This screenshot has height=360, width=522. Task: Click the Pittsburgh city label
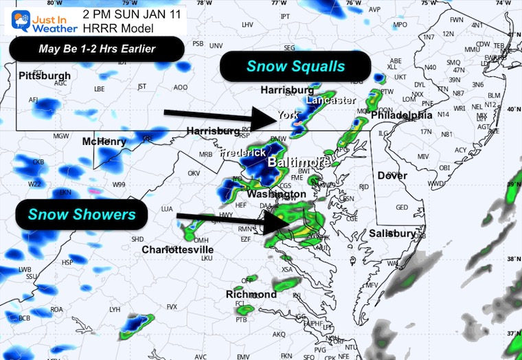[x=45, y=75]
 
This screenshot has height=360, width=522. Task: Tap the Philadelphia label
[x=401, y=115]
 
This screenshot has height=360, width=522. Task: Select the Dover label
[x=392, y=176]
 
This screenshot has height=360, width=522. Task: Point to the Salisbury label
[x=392, y=234]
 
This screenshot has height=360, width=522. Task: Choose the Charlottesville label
[x=178, y=249]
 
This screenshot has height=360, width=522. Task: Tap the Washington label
[x=275, y=194]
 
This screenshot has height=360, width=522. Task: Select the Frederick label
[x=242, y=153]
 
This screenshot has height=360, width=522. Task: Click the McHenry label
[x=104, y=142]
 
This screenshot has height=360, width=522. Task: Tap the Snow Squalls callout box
[x=295, y=67]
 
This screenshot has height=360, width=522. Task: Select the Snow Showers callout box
[x=82, y=215]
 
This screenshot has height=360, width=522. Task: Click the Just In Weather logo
[x=34, y=19]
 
